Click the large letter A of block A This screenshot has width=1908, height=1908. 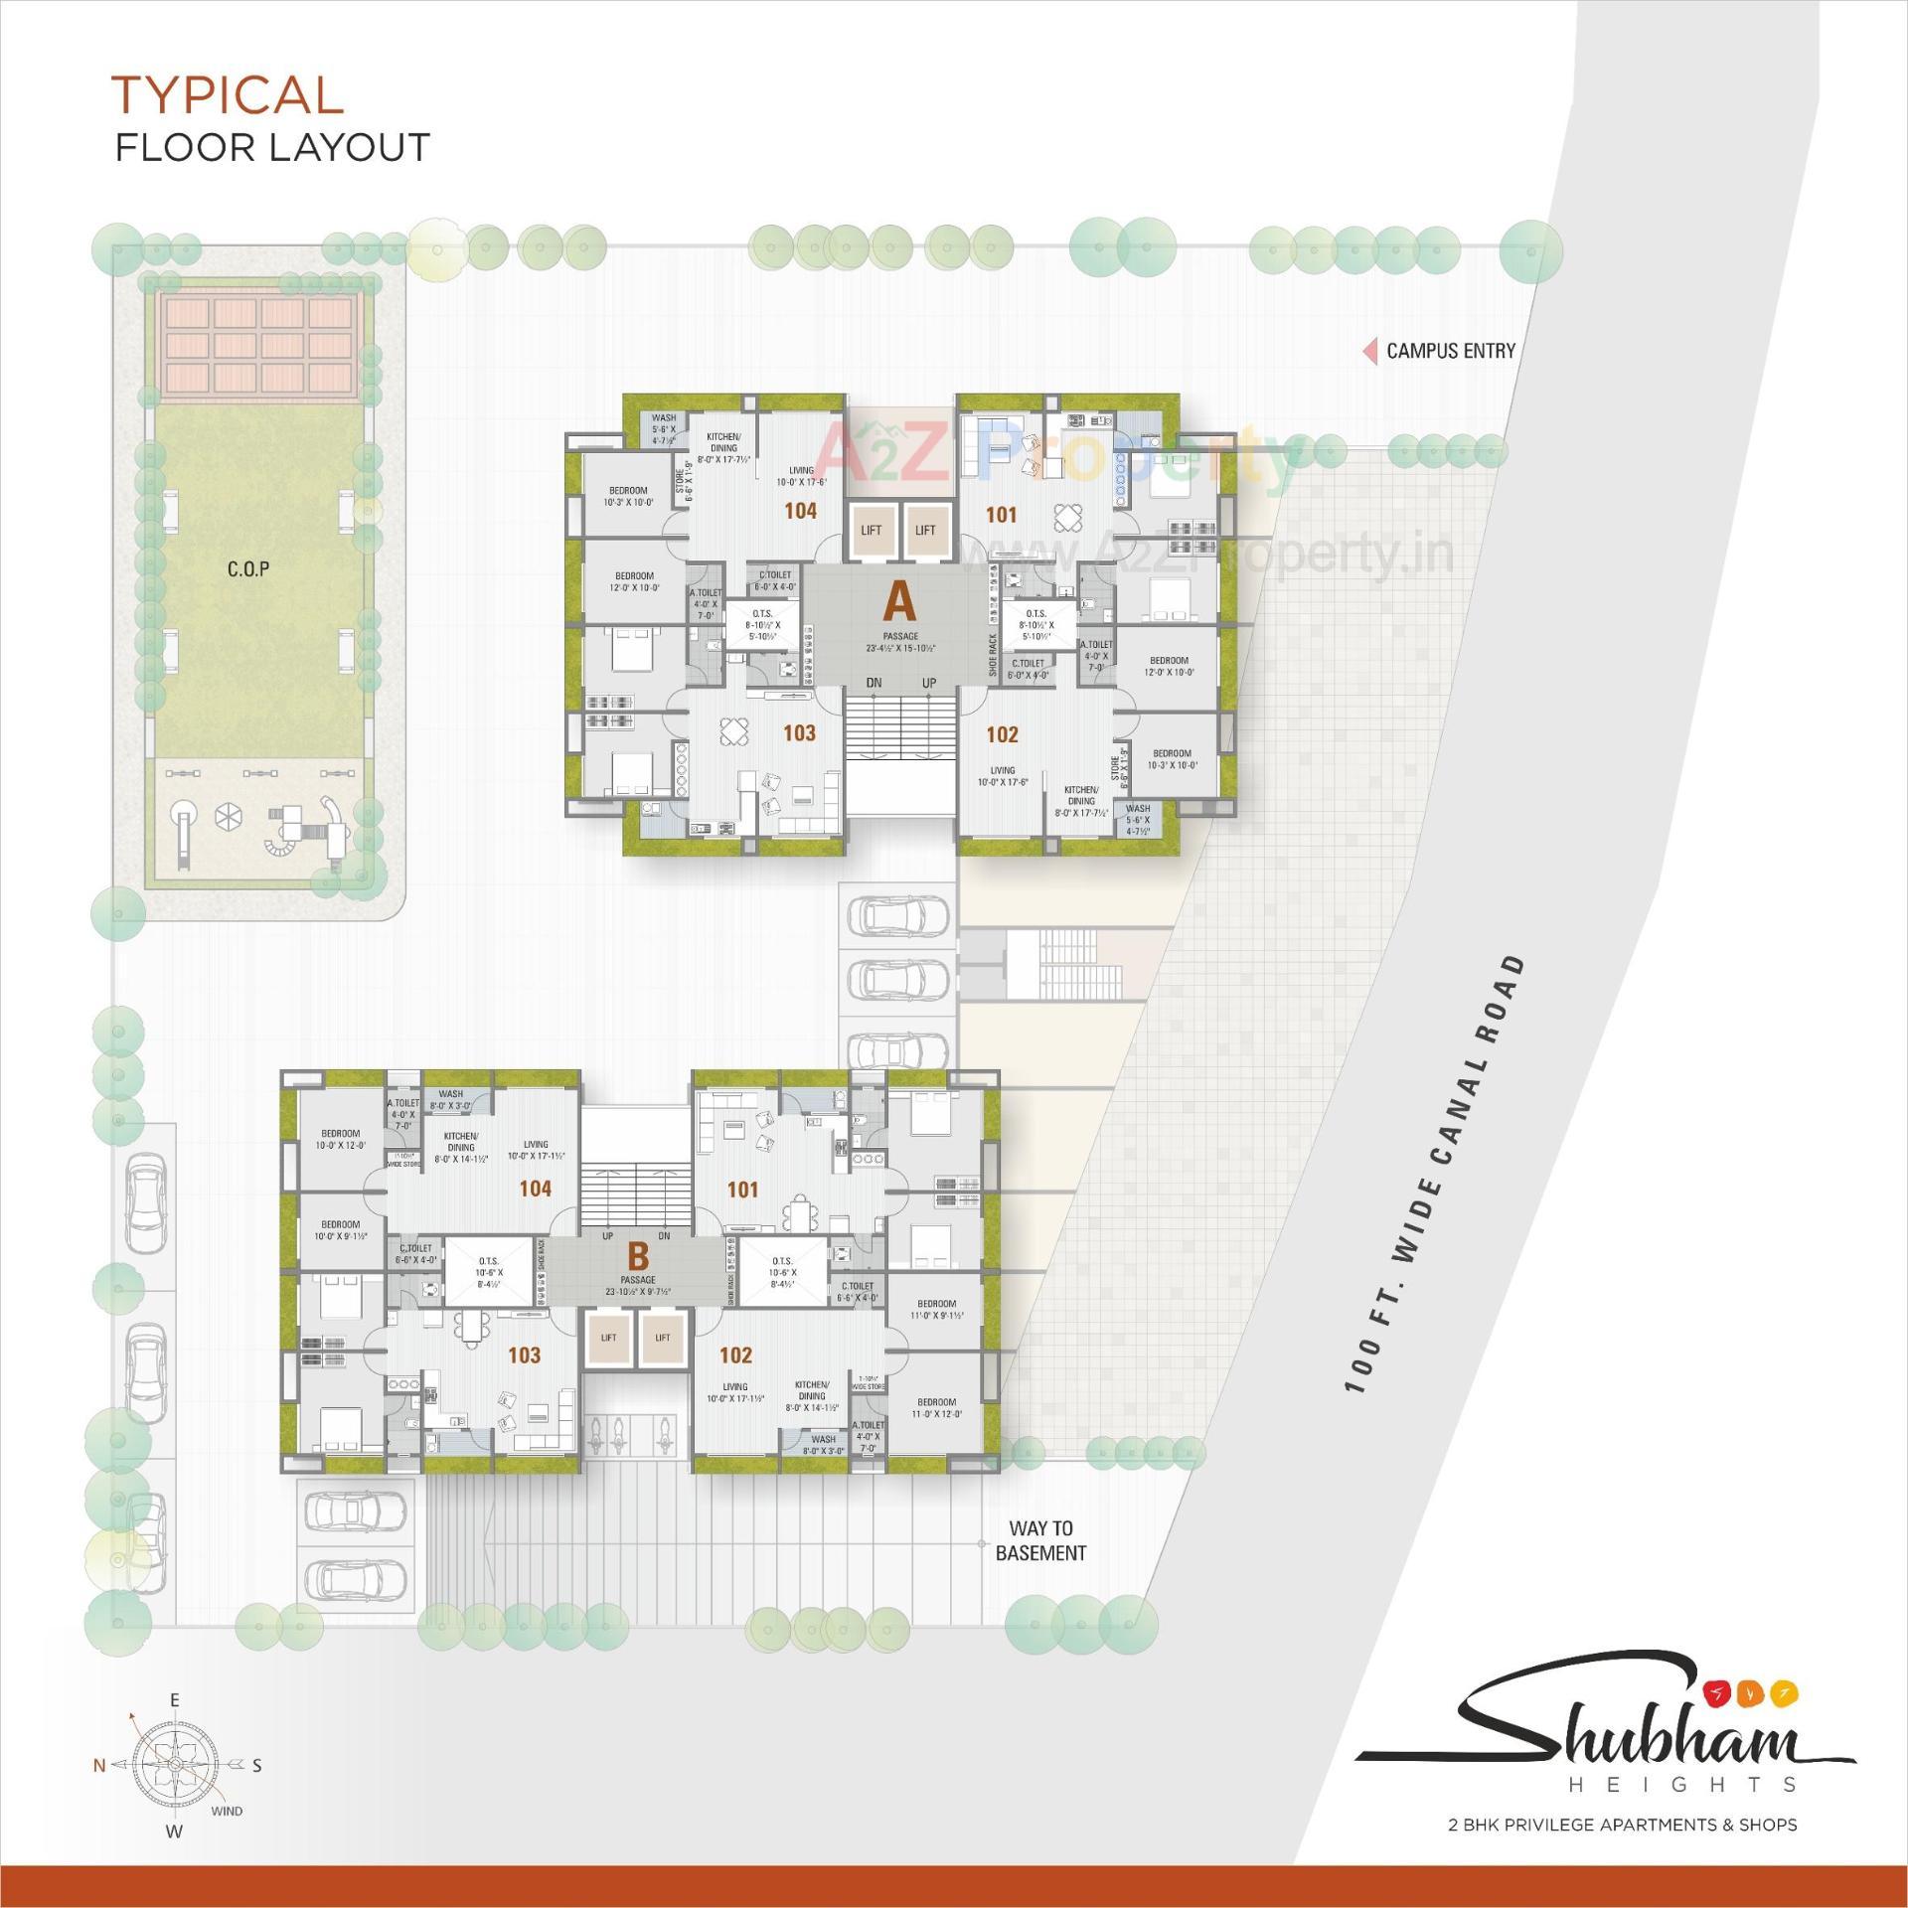pos(899,601)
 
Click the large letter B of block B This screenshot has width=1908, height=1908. pos(638,1256)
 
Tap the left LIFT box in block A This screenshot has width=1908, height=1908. pos(872,530)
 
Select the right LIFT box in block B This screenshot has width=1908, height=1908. pos(663,1338)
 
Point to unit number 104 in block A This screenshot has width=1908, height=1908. pos(800,511)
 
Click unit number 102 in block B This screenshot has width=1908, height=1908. pos(735,1355)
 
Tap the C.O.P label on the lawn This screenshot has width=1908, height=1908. pos(248,569)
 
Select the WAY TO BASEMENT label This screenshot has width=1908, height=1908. pos(1040,1540)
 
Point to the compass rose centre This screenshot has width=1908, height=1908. pos(174,1764)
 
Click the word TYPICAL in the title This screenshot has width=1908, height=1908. pos(228,95)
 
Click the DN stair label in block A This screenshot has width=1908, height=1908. pos(874,683)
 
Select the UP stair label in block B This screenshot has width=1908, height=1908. pos(608,1236)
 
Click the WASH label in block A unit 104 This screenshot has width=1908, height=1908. pos(664,418)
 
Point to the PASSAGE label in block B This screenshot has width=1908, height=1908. pos(638,1280)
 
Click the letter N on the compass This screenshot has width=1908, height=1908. pos(99,1766)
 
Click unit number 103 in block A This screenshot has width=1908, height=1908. pos(799,733)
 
